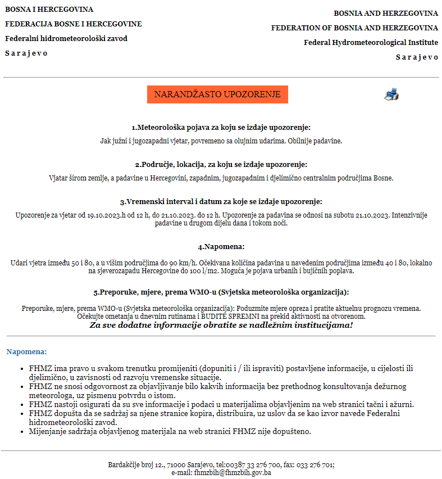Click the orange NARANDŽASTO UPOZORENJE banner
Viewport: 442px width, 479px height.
coord(217,94)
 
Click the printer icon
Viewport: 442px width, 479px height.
coord(391,94)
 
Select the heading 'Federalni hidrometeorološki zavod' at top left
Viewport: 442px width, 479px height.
coord(66,39)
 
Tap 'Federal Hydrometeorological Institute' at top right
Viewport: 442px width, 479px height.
coord(371,42)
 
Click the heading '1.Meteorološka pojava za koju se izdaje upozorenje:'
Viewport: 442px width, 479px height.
coord(221,128)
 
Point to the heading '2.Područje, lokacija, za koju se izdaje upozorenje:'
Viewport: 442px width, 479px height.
coord(221,165)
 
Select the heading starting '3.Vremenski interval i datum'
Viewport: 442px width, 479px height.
coord(221,201)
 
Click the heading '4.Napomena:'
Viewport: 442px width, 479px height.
coord(221,247)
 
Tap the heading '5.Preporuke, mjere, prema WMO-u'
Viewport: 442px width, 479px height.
coord(221,292)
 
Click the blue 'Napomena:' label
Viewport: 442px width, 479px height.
coord(26,352)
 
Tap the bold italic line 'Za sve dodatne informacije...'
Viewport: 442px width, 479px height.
coord(221,325)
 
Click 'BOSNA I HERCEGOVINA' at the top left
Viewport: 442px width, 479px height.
coord(49,10)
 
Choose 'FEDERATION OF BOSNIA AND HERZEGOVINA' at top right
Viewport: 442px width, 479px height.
coord(354,28)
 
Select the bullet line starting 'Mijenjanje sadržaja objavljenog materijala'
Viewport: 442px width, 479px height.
coord(170,432)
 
